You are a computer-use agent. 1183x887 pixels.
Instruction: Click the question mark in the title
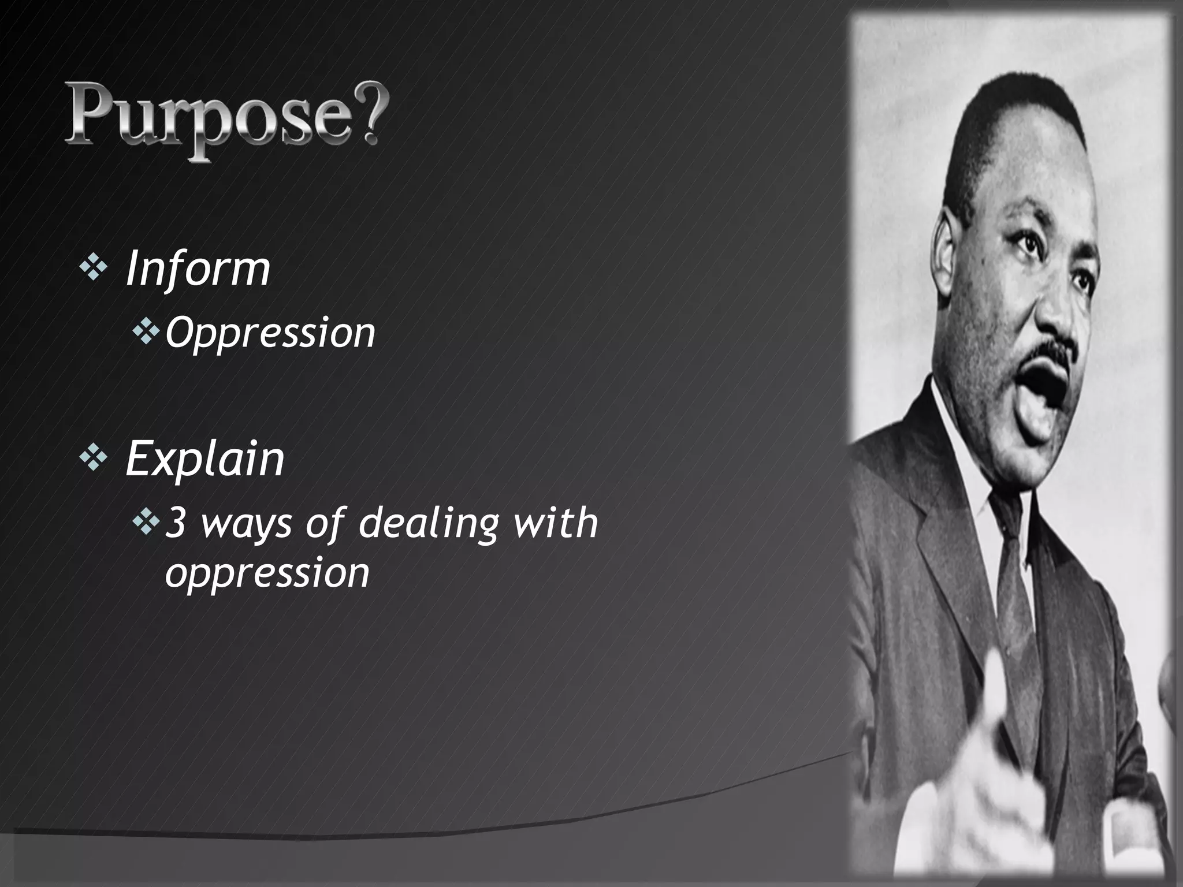(x=363, y=115)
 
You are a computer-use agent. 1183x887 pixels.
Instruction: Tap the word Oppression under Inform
(x=270, y=333)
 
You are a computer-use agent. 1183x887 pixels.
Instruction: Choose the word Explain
(x=205, y=459)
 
